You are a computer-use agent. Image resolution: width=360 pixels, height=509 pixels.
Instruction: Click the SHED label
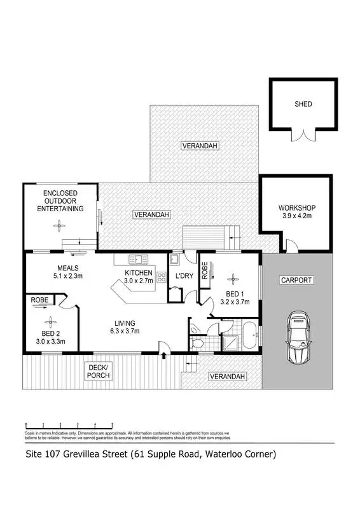[x=303, y=104]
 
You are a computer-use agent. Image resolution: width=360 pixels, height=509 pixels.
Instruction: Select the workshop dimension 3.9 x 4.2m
[x=296, y=216]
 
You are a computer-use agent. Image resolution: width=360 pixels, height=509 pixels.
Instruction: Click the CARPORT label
[x=296, y=280]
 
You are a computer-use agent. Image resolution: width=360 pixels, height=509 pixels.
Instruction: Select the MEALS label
[x=68, y=268]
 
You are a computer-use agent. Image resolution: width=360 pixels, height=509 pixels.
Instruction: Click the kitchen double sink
[x=137, y=260]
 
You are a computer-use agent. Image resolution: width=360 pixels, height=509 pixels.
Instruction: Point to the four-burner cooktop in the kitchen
[x=161, y=277]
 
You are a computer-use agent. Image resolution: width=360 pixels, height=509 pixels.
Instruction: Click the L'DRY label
[x=184, y=277]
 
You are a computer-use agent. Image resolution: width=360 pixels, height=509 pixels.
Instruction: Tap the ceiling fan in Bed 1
[x=232, y=277]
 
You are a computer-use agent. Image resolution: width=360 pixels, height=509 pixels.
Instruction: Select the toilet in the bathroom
[x=197, y=342]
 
